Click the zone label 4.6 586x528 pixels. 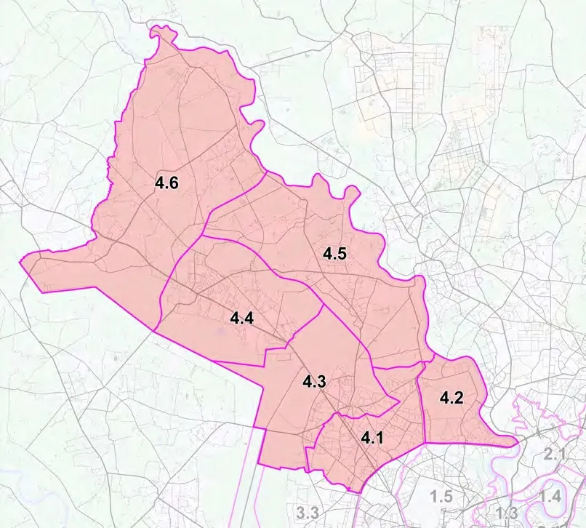pos(166,183)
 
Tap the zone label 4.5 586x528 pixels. pos(334,255)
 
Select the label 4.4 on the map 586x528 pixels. pos(241,319)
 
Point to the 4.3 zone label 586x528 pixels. pos(315,381)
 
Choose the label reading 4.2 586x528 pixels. pos(451,398)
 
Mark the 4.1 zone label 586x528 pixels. pos(373,438)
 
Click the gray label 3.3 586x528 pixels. pos(308,513)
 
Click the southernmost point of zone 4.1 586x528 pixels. pos(358,492)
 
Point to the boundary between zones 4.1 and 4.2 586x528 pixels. pos(422,407)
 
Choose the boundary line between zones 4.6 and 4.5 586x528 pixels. pos(233,197)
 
